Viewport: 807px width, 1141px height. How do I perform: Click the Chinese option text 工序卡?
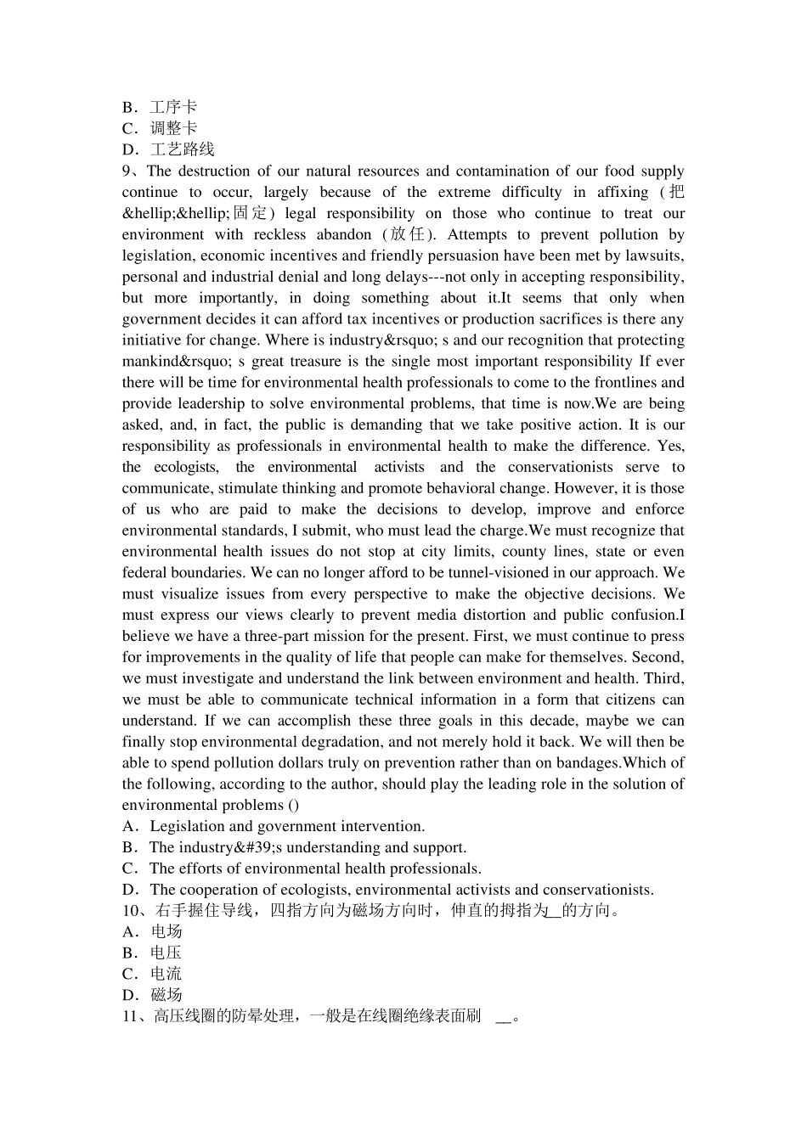(173, 107)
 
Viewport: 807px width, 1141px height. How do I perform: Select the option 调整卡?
(173, 128)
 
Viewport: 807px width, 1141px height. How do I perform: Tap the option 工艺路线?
(182, 149)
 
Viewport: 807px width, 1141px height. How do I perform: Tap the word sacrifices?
(539, 319)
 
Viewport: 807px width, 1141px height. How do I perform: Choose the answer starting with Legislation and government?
(287, 827)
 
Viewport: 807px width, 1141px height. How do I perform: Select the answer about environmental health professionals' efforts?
(315, 868)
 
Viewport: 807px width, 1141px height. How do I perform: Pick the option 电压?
(166, 953)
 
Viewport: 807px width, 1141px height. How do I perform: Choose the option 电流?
(166, 975)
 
